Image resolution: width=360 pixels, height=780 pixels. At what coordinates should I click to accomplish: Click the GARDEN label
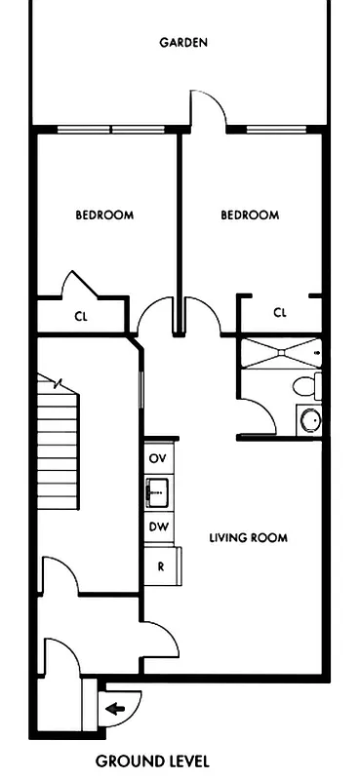pos(183,43)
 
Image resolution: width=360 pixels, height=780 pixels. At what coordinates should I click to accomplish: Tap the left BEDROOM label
pos(104,215)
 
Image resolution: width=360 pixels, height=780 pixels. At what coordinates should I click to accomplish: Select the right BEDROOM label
pos(250,215)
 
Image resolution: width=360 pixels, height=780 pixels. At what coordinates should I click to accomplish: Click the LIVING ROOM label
pos(249,537)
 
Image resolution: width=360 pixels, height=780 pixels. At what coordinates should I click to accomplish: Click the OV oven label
pos(156,457)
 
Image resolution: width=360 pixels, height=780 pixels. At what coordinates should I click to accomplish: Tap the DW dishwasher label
pos(156,526)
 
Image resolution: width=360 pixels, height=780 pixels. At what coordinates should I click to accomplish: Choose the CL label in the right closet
pos(280,313)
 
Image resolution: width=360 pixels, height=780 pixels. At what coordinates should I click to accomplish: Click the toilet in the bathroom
pos(308,386)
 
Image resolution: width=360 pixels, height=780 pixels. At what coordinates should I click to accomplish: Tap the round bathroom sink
pos(309,420)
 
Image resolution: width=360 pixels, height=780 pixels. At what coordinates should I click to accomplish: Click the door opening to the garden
pos(209,109)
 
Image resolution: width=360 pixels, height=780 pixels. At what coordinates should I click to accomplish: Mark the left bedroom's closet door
pos(80,286)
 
